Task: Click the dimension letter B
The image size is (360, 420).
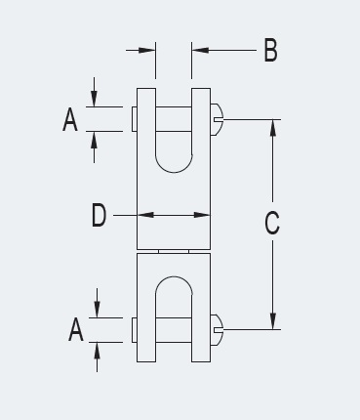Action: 270,50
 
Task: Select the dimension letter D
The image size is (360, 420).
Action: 99,216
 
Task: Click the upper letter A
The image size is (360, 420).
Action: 69,120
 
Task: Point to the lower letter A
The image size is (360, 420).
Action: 75,330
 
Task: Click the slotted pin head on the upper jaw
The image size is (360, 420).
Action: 218,120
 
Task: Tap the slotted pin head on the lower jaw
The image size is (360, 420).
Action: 218,329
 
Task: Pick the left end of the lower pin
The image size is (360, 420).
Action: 133,329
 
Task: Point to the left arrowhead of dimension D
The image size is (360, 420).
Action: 142,216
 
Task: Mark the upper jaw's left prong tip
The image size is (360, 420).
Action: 145,91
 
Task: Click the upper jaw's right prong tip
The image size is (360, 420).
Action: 202,91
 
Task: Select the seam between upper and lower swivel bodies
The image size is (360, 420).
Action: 174,250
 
